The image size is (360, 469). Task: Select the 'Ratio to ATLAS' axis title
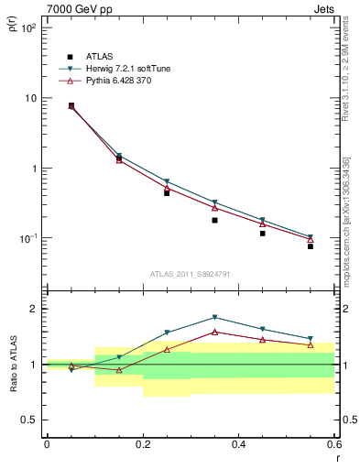tap(12, 364)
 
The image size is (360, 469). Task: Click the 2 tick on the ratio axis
tap(34, 309)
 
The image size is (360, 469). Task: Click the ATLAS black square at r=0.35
tap(214, 220)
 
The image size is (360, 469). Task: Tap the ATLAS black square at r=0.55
tap(311, 246)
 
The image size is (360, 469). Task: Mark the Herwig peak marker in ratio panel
tap(214, 317)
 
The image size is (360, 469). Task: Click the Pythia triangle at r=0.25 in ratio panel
tap(167, 349)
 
